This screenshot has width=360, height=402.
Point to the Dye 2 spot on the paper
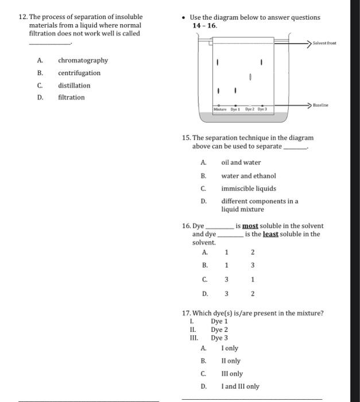click(x=250, y=76)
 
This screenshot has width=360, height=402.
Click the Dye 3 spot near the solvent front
click(x=261, y=61)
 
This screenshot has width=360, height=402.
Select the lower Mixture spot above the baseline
click(x=218, y=90)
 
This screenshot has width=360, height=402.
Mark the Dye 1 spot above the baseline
click(x=235, y=90)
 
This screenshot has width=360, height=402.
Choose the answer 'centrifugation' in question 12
click(x=79, y=73)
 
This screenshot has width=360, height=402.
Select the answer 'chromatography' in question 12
click(x=83, y=60)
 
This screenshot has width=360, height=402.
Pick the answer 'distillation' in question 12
click(x=74, y=86)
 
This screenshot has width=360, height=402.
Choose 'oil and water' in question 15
click(x=241, y=163)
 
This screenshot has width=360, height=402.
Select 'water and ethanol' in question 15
click(x=248, y=176)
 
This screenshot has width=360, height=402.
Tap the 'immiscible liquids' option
click(x=249, y=188)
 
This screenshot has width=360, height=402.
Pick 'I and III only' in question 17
click(x=240, y=386)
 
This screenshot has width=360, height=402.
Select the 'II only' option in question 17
click(x=231, y=361)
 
